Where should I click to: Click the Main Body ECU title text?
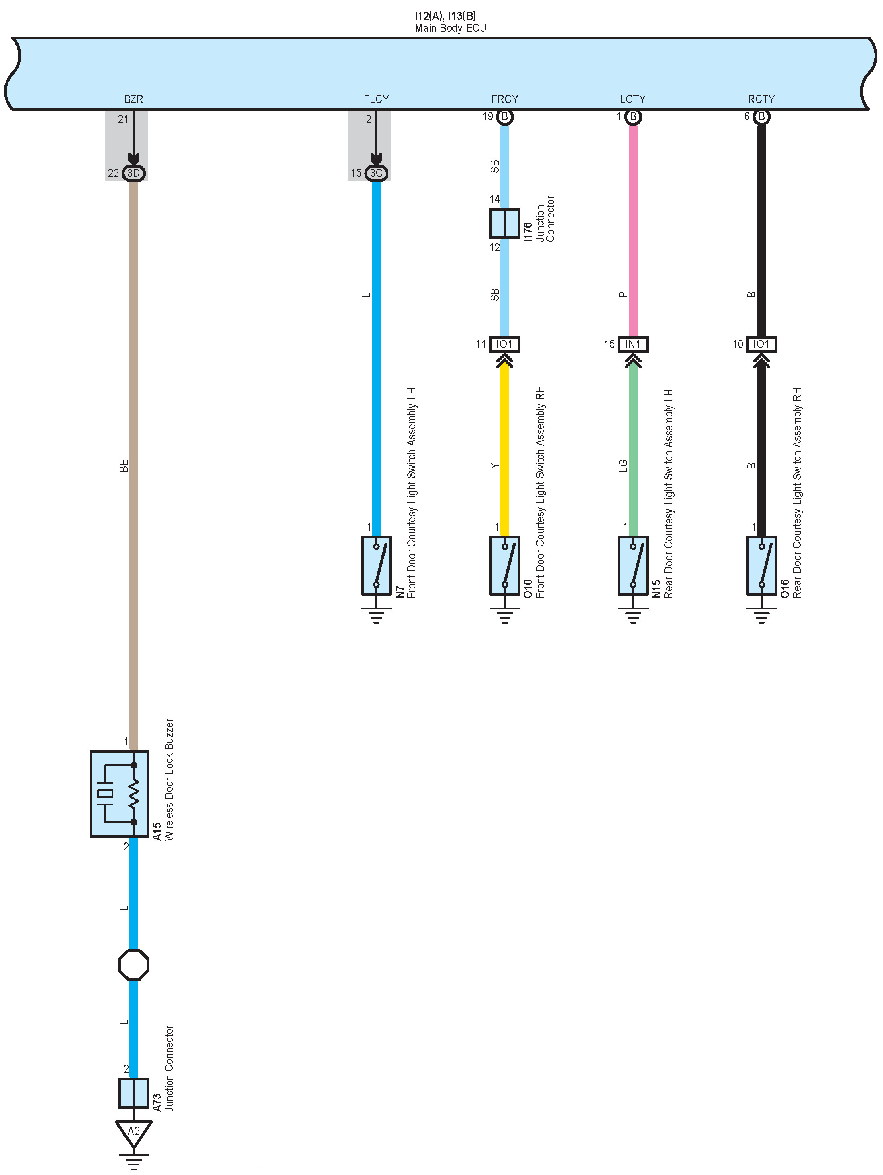click(x=450, y=28)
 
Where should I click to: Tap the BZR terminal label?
click(x=133, y=99)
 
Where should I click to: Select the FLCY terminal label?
click(x=376, y=99)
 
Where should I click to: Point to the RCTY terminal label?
click(x=761, y=99)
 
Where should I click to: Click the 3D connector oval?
click(x=133, y=173)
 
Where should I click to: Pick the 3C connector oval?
click(x=376, y=173)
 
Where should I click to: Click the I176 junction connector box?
click(x=504, y=223)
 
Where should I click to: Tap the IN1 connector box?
click(x=633, y=344)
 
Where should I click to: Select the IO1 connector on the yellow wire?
click(x=504, y=344)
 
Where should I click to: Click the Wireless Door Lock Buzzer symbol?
click(x=120, y=794)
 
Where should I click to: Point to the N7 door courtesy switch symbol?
click(x=376, y=565)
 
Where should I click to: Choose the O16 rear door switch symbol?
click(x=761, y=565)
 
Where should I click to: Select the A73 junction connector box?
click(x=133, y=1093)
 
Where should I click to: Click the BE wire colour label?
click(x=124, y=466)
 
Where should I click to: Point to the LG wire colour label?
click(x=623, y=466)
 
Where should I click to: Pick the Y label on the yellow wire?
click(x=495, y=466)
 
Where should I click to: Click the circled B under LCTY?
click(x=633, y=116)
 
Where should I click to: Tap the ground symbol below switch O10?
click(x=504, y=616)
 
